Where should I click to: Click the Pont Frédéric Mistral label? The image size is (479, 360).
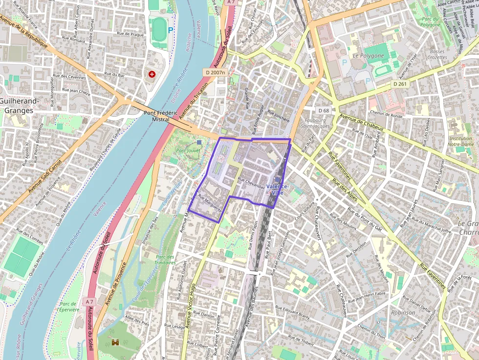click(x=156, y=116)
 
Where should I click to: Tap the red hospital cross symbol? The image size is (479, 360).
click(x=152, y=75)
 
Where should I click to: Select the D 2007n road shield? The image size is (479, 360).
click(x=215, y=72)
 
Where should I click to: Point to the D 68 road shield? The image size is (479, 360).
click(x=323, y=110)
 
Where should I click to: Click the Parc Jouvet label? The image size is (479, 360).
click(x=188, y=150)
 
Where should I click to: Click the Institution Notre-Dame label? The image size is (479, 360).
click(x=460, y=141)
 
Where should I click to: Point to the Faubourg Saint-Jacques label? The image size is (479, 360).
click(x=315, y=123)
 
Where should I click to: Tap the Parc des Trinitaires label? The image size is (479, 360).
click(x=165, y=260)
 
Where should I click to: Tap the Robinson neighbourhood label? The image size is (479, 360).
click(x=403, y=312)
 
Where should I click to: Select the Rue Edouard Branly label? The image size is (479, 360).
click(x=292, y=312)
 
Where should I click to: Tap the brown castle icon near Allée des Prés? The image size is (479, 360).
click(x=116, y=343)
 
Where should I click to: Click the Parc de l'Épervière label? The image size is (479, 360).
click(x=65, y=307)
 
